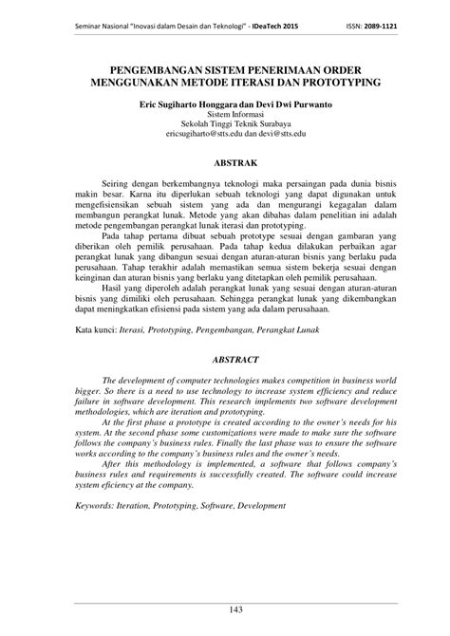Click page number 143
click(225, 607)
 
